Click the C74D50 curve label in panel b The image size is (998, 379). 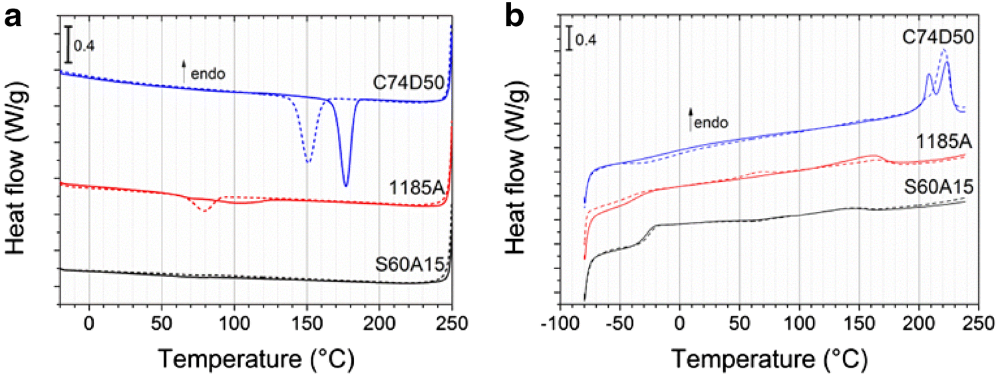point(937,39)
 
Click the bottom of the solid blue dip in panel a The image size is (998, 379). point(345,186)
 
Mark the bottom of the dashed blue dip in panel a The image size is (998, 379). point(307,162)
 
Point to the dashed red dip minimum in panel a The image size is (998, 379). point(204,212)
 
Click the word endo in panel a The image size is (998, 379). point(208,73)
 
